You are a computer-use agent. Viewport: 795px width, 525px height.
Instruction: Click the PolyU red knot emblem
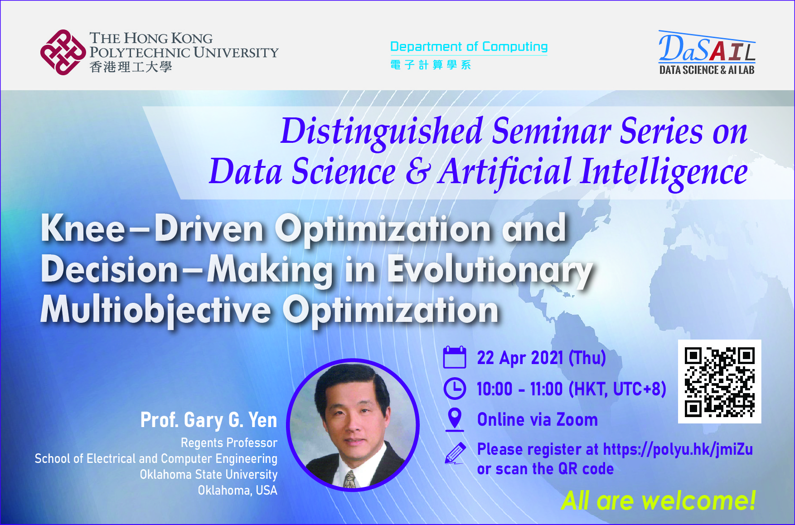point(63,52)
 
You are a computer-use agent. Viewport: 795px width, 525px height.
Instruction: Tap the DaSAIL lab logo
point(707,53)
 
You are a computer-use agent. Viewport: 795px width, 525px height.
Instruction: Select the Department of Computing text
point(469,47)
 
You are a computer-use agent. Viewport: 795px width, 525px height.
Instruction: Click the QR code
point(719,382)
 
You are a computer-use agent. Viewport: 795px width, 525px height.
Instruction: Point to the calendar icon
point(454,357)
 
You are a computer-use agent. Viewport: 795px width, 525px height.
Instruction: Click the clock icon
point(454,389)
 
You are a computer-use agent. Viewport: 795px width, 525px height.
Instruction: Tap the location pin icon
point(454,418)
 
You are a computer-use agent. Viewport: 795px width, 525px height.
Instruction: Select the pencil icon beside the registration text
point(455,453)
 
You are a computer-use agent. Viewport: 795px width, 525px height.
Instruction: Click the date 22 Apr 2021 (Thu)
point(541,358)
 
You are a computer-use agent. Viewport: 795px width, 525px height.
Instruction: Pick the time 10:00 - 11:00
point(519,389)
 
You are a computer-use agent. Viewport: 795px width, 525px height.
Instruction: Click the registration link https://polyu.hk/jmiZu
point(678,449)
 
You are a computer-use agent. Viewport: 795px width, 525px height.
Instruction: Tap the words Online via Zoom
point(537,420)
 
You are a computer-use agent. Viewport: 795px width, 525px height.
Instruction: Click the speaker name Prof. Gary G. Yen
point(208,420)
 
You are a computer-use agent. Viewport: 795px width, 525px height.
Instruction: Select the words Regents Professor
point(229,443)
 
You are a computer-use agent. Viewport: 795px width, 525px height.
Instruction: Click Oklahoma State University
point(208,475)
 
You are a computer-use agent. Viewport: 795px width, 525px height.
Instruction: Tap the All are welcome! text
point(658,501)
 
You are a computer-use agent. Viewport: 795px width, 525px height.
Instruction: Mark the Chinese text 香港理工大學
point(131,67)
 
